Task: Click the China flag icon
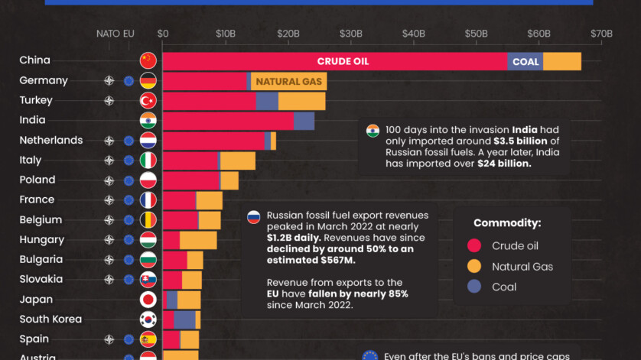coord(148,61)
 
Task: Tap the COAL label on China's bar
coord(525,62)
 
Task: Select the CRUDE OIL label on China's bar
coord(343,62)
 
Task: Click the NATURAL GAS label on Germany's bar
coord(288,82)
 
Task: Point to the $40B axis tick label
coord(413,34)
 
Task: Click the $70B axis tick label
coord(601,34)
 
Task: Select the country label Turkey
coord(36,101)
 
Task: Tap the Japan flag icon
coord(148,300)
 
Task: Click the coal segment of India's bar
coord(304,121)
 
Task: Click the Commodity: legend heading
coord(507,223)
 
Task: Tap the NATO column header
coord(108,34)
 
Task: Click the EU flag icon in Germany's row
coord(129,81)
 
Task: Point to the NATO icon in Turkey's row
coord(109,101)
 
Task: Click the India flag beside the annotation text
coord(373,130)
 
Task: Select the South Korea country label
coord(50,319)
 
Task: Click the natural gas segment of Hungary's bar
coord(198,240)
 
